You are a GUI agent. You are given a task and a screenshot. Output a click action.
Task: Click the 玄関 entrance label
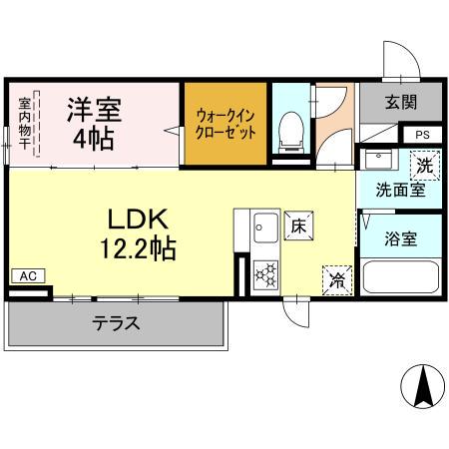(x=402, y=101)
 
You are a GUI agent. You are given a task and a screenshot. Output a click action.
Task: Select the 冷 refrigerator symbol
(x=337, y=281)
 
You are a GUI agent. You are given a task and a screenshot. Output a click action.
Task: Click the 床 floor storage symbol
(x=297, y=225)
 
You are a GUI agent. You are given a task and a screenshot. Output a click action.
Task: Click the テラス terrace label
(x=115, y=323)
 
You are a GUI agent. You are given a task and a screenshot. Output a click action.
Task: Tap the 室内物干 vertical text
(x=24, y=125)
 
